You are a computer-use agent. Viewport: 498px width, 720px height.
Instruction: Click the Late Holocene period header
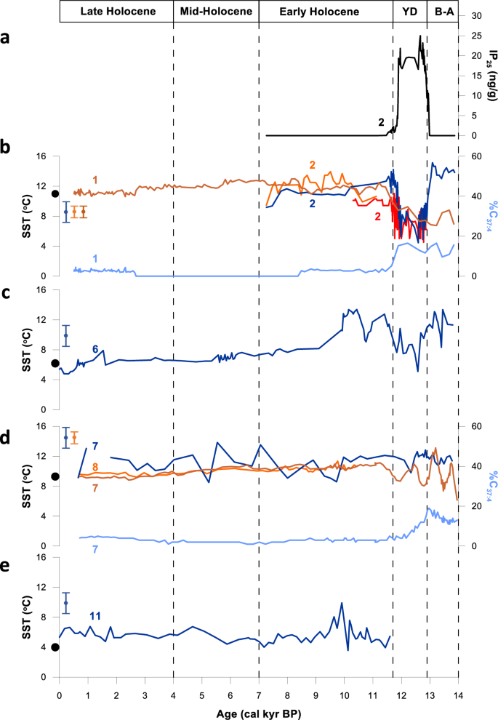(x=116, y=12)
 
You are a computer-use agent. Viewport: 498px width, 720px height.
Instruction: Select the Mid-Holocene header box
(x=216, y=12)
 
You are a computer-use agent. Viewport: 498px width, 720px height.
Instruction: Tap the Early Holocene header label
(x=326, y=12)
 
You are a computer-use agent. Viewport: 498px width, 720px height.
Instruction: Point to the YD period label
(x=409, y=12)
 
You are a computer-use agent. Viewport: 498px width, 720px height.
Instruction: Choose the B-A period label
(x=443, y=12)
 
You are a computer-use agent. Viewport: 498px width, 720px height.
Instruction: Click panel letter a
(x=5, y=41)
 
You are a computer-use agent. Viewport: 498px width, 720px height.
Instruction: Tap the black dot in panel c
(x=55, y=363)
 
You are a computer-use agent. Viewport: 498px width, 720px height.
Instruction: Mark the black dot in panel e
(x=55, y=647)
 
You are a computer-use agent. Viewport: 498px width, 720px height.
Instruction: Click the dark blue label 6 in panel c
(x=95, y=350)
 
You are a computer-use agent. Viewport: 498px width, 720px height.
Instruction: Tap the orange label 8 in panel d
(x=95, y=466)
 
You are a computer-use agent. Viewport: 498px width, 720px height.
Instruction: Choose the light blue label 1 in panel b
(x=95, y=258)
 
